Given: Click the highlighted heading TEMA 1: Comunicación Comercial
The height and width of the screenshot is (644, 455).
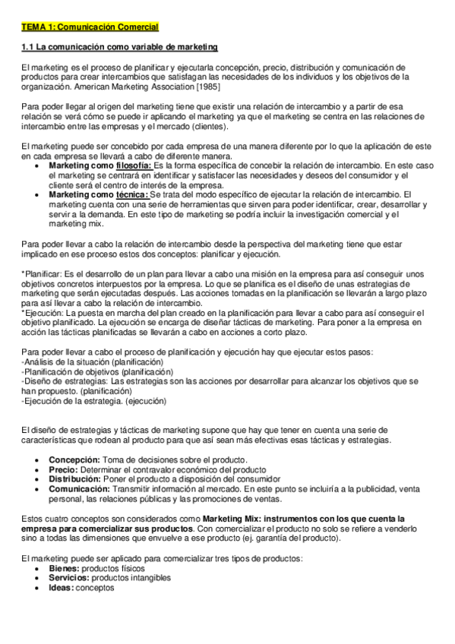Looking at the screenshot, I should [x=90, y=27].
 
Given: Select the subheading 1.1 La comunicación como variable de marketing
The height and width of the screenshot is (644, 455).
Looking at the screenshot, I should [x=119, y=48].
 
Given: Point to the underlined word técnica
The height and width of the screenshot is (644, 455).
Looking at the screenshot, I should [x=133, y=194].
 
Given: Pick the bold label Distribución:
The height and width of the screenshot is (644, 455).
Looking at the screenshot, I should [x=75, y=479].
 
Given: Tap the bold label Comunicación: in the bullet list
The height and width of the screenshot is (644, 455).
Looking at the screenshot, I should [x=79, y=489].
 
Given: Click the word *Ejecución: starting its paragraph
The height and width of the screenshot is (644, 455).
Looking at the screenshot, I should [x=43, y=313].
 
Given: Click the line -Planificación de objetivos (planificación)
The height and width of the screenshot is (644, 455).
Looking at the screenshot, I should [x=97, y=372].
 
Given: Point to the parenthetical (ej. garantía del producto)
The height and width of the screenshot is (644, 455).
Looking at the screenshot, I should [x=287, y=538].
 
